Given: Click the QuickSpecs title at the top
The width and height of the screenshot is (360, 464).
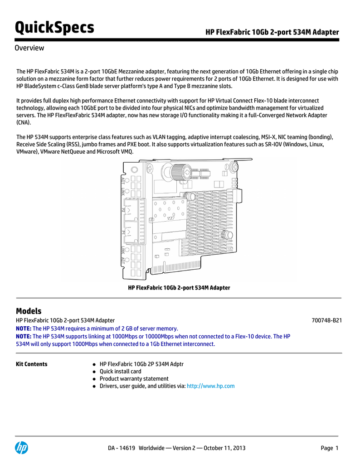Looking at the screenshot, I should click(x=54, y=28).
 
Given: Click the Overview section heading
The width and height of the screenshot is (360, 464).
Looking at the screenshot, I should click(x=29, y=48).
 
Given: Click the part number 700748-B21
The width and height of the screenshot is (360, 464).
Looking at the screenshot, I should click(x=326, y=320).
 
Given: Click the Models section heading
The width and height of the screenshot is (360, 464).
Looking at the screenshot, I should click(x=29, y=311).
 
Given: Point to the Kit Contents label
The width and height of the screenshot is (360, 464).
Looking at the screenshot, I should click(x=32, y=364).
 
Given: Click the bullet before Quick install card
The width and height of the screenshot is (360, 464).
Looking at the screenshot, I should click(x=92, y=372).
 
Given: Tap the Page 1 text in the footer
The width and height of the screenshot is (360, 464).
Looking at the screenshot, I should click(x=330, y=448).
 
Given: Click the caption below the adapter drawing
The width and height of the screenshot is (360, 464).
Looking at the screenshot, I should click(x=179, y=288).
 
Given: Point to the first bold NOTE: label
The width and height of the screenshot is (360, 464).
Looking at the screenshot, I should click(x=24, y=329).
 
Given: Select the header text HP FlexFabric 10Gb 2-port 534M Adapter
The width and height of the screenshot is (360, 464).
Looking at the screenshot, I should click(x=272, y=32).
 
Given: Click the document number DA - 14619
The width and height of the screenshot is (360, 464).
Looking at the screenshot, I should click(x=122, y=448).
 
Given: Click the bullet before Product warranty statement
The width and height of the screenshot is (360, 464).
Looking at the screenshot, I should click(x=92, y=379).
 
